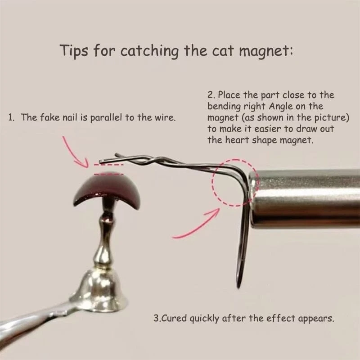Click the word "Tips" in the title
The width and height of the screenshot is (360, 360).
[x=74, y=50]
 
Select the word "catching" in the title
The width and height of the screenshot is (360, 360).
[x=149, y=51]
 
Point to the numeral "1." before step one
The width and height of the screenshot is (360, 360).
[x=11, y=117]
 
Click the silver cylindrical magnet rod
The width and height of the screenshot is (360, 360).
[x=305, y=198]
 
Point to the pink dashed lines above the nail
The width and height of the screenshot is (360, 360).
[x=108, y=169]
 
